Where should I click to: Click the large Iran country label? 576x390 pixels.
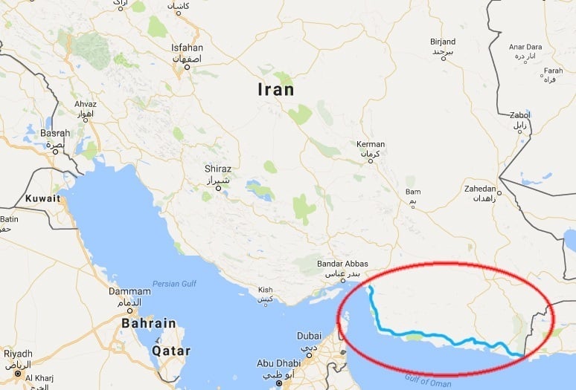pos(275,90)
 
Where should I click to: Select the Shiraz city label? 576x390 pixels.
pos(218,169)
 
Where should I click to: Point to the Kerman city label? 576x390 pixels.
pos(371,144)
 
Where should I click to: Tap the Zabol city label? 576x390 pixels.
pos(519,116)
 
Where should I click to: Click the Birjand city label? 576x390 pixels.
pos(443,42)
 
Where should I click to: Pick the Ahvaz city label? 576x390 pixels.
pos(85,105)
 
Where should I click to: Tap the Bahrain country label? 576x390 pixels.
pos(150,323)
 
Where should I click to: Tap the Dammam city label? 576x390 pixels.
pos(125,292)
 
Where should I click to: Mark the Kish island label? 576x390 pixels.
pos(264,290)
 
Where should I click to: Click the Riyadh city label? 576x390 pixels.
pos(18,354)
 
